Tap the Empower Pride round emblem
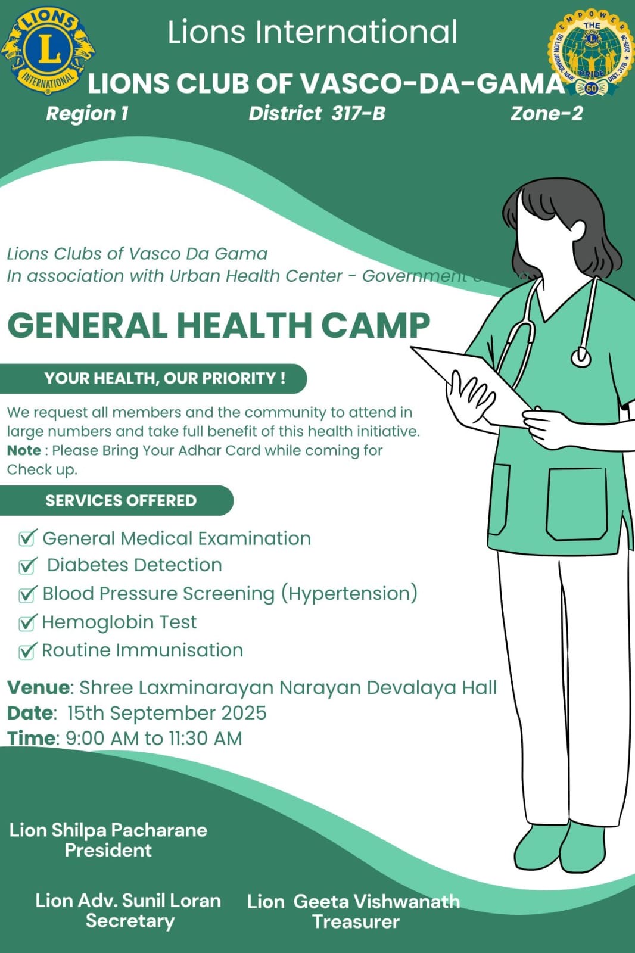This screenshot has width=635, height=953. [591, 52]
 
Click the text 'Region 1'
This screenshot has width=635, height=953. [88, 113]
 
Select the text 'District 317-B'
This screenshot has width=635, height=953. [317, 113]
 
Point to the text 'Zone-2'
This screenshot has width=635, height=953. [546, 113]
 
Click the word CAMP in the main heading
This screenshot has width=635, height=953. [375, 326]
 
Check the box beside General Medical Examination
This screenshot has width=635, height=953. [27, 538]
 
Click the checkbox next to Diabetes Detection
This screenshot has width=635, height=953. [27, 565]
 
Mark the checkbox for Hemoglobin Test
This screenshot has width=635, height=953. [27, 622]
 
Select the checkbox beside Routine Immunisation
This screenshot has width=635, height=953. [27, 650]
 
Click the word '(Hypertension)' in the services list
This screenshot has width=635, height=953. [349, 593]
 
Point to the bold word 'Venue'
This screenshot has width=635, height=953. [38, 687]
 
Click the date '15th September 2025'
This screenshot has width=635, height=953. [167, 713]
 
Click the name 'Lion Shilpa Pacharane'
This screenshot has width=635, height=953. [108, 830]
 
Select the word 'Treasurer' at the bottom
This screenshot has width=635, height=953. [356, 921]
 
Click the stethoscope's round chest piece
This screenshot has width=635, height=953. [581, 357]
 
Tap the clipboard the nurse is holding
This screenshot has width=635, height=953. [471, 381]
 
